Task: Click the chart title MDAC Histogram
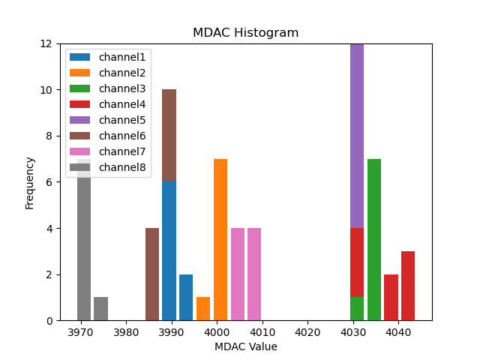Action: pyautogui.click(x=245, y=33)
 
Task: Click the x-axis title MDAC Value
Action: pyautogui.click(x=245, y=346)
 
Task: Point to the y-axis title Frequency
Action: pyautogui.click(x=30, y=182)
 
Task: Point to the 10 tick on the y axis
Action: pyautogui.click(x=46, y=90)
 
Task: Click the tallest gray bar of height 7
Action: pyautogui.click(x=84, y=240)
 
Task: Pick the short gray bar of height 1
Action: pyautogui.click(x=100, y=309)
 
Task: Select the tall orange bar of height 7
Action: pyautogui.click(x=220, y=240)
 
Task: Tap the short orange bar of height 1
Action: pyautogui.click(x=203, y=309)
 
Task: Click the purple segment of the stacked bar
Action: pyautogui.click(x=357, y=135)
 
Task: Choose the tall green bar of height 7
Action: pyautogui.click(x=374, y=240)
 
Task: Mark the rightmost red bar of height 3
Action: pyautogui.click(x=408, y=286)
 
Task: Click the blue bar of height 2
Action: pyautogui.click(x=186, y=298)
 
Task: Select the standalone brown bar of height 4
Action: pyautogui.click(x=152, y=274)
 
